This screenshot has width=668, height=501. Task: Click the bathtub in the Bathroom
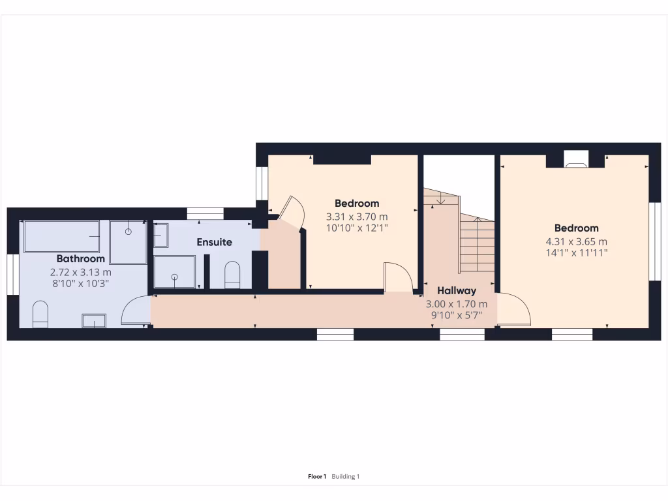click(x=62, y=236)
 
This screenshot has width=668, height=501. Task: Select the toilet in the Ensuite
click(x=232, y=275)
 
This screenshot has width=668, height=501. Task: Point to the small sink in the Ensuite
click(x=160, y=235)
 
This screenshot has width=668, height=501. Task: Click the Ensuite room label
click(x=215, y=242)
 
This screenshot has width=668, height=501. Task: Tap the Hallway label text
click(x=457, y=290)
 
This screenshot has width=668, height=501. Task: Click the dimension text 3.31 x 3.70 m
click(x=357, y=217)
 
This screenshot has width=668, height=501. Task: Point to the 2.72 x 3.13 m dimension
click(x=81, y=272)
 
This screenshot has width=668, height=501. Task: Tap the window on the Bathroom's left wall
click(x=11, y=274)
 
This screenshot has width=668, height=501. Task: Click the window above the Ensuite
click(x=205, y=213)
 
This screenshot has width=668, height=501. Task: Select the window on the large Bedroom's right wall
click(x=655, y=241)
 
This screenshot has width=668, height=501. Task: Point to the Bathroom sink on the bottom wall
click(x=94, y=320)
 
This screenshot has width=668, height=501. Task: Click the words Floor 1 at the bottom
click(x=317, y=477)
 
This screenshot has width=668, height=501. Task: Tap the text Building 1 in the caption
click(x=346, y=477)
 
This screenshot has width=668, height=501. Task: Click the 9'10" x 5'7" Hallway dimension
click(x=457, y=315)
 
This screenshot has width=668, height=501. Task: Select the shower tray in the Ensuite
click(x=174, y=272)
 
